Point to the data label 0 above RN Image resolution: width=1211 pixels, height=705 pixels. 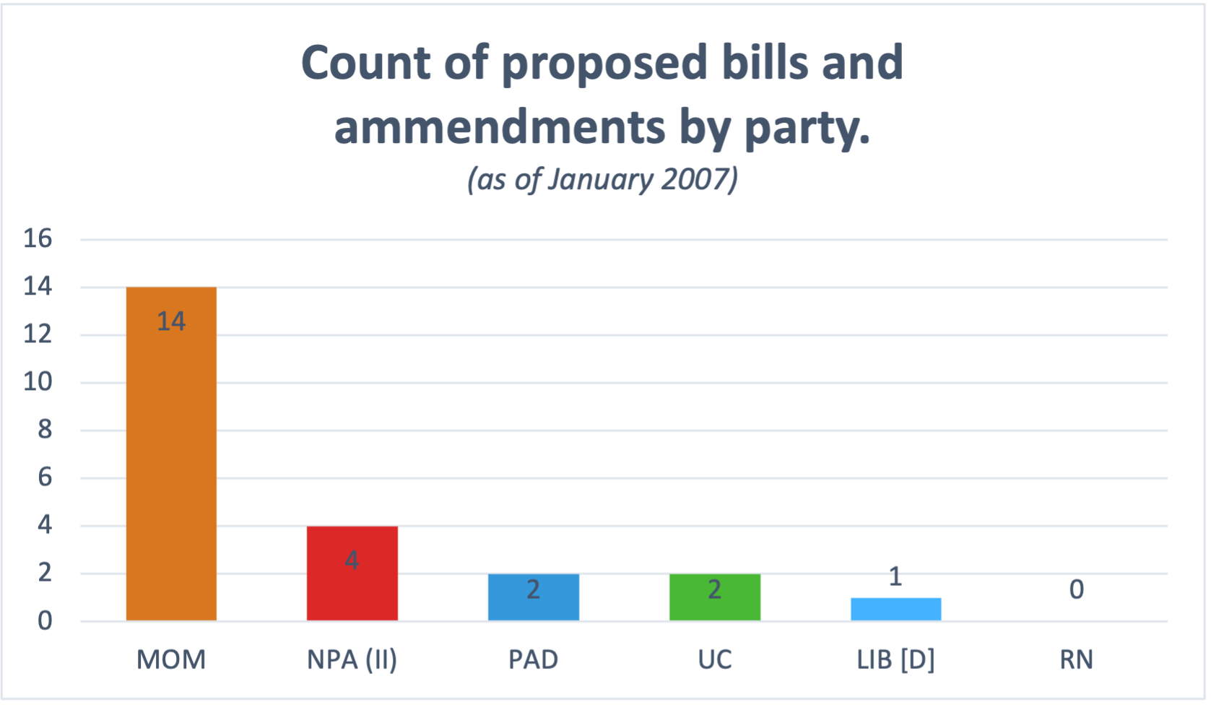(1076, 589)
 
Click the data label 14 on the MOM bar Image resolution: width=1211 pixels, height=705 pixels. (171, 321)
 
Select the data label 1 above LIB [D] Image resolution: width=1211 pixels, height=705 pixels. (895, 576)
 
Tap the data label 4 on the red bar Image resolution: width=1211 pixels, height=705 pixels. (352, 560)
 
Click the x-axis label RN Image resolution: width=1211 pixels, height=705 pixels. (1076, 659)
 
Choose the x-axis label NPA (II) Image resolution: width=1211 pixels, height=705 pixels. (352, 659)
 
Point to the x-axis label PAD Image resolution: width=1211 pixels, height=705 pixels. (533, 659)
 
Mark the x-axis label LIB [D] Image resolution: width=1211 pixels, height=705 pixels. (895, 659)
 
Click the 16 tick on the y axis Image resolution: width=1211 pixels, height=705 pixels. (38, 238)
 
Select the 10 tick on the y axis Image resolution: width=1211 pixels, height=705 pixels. (38, 381)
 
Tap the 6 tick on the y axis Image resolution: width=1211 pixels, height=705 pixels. (45, 477)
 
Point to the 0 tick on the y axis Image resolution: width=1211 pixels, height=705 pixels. (45, 620)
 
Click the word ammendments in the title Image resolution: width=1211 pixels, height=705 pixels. (499, 127)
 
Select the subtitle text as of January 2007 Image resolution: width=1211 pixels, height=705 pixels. (602, 179)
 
